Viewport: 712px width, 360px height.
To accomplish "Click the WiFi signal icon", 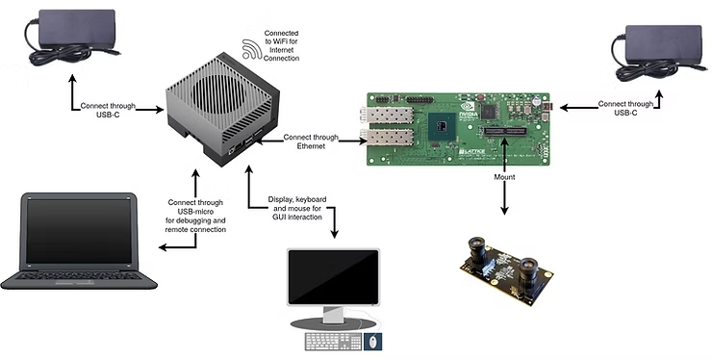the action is (251, 49).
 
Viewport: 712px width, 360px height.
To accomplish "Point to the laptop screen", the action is (79, 231).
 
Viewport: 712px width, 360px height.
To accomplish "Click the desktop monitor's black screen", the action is (333, 277).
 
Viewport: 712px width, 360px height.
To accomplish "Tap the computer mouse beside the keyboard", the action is (372, 342).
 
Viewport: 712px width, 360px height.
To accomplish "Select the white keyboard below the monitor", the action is (333, 342).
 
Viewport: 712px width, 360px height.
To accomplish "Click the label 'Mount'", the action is (504, 177).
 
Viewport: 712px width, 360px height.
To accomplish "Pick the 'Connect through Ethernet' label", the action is (311, 141).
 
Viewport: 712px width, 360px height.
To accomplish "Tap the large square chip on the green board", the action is (442, 125).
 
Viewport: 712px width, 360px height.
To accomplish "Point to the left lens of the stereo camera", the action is (478, 249).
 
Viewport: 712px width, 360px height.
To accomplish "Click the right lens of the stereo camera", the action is (528, 270).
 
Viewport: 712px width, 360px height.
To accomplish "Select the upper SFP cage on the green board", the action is (387, 114).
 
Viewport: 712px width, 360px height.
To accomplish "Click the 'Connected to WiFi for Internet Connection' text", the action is (282, 45).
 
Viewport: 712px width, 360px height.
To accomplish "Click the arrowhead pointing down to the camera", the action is (504, 211).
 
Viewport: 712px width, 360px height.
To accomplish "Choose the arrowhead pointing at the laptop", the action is (163, 247).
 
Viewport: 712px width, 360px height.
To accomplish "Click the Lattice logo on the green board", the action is (471, 151).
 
